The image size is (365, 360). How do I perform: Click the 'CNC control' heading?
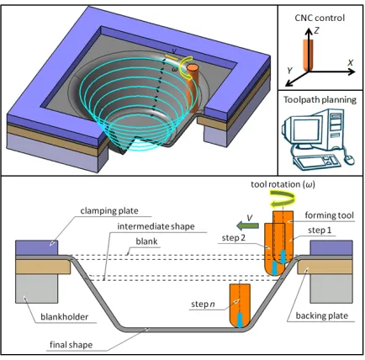(320, 18)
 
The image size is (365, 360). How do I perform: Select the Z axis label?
(316, 30)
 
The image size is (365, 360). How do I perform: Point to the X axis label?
(351, 63)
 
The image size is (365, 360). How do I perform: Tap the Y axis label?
(290, 71)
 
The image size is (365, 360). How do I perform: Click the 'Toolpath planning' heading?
(320, 100)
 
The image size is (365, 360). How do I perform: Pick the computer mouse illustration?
(350, 160)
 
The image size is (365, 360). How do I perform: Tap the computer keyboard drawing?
(317, 161)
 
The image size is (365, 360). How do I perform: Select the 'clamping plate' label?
(109, 211)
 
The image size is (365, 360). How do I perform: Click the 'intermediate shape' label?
(156, 226)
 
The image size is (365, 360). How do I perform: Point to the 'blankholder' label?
(65, 317)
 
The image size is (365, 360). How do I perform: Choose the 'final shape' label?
(71, 345)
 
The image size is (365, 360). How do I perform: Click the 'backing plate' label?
(322, 315)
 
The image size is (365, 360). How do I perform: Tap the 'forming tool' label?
(330, 215)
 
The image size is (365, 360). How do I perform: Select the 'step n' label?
(203, 304)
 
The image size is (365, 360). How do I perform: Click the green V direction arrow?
(247, 225)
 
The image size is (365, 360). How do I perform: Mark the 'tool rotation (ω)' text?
(283, 184)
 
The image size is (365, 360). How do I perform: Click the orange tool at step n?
(240, 306)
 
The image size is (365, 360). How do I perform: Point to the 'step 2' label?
(234, 238)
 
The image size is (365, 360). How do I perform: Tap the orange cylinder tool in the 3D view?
(193, 88)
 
